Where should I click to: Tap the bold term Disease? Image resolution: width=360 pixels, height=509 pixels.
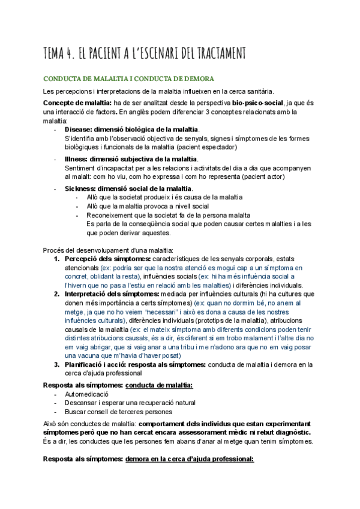click(79, 130)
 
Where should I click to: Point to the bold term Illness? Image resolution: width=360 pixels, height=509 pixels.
click(77, 159)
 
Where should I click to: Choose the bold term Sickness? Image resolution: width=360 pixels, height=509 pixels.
click(82, 188)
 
